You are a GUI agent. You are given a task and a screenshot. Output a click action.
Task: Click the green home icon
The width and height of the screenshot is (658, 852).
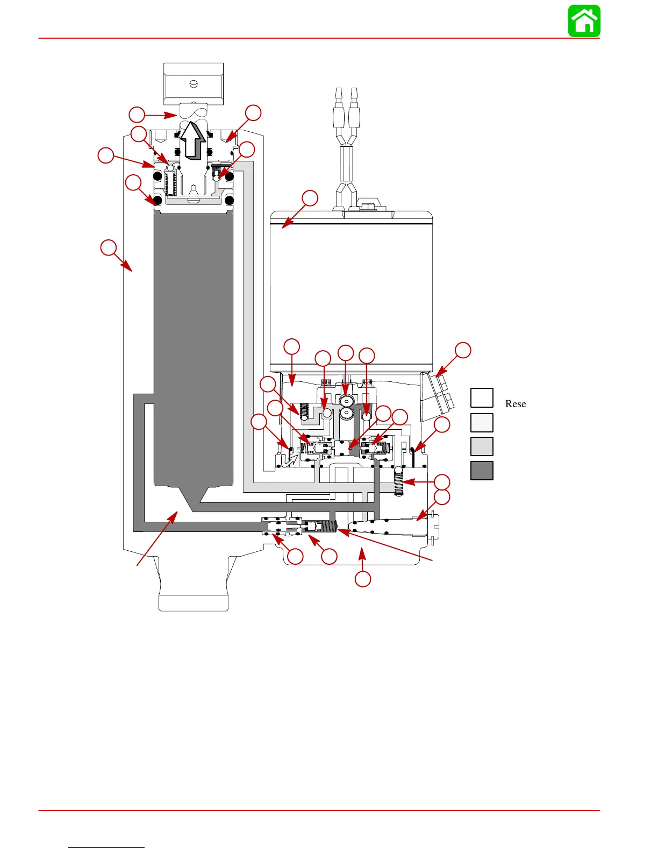point(584,21)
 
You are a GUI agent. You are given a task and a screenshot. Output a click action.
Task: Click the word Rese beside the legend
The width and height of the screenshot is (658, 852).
point(515,404)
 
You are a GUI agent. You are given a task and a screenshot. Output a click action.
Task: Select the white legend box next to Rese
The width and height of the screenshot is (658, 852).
point(482,398)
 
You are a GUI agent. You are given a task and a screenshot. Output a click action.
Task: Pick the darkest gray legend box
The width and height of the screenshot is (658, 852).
point(482,471)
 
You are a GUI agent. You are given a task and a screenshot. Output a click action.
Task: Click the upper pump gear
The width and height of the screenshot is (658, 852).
point(346,401)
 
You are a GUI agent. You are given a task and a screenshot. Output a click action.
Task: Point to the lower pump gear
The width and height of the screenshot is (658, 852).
point(346,414)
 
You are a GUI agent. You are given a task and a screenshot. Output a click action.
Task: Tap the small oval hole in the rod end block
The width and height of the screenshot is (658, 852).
point(194,84)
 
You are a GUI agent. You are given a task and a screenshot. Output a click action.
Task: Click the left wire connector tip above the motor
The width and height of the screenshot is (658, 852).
point(339,93)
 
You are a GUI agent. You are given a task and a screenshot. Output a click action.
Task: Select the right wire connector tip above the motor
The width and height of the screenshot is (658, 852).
point(354,93)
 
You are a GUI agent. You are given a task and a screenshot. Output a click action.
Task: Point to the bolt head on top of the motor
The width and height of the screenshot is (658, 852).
point(369,206)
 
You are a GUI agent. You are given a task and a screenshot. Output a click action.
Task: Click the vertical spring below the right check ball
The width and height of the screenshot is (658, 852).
point(399,482)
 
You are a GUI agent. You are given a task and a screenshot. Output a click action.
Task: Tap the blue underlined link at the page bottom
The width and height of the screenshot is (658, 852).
point(106,847)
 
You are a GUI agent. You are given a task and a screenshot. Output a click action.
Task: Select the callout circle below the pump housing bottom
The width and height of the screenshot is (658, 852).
point(363,579)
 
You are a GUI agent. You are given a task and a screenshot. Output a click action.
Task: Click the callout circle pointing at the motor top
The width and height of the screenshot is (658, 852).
point(310,198)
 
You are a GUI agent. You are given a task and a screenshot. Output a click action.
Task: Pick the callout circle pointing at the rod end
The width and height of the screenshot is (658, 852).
point(137,115)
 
